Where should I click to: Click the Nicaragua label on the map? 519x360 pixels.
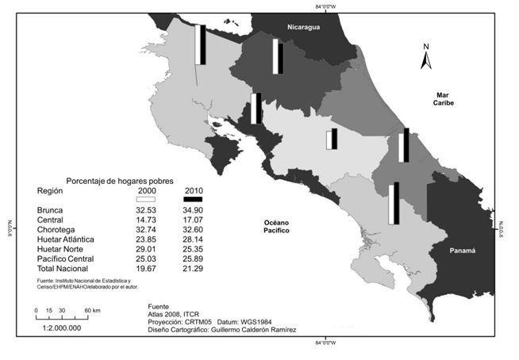[302, 28]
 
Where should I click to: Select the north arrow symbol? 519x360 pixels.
[426, 58]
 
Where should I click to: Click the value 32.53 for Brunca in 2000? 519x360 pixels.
[146, 209]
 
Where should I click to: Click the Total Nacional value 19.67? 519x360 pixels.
[146, 268]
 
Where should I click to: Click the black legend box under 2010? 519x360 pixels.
[194, 199]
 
